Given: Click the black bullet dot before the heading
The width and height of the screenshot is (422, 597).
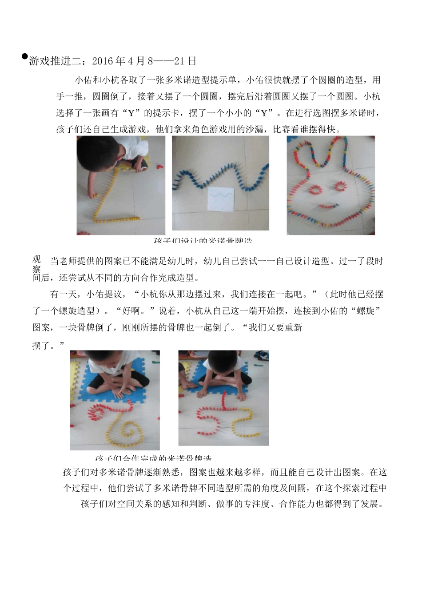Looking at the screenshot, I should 25,56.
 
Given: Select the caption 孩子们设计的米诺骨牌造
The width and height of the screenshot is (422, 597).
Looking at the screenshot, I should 203,240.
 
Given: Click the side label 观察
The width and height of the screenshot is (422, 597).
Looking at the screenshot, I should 36,264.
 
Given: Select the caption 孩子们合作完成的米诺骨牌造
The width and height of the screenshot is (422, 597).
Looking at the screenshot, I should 153,458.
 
